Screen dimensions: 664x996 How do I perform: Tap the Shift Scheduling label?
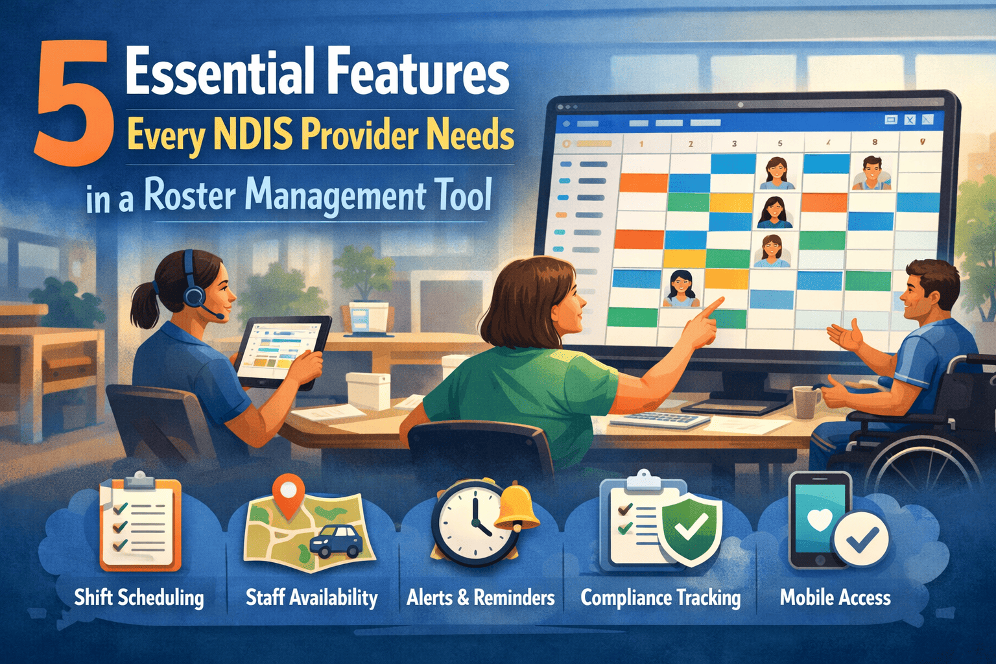pyautogui.click(x=139, y=597)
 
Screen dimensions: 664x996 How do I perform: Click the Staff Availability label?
pyautogui.click(x=311, y=597)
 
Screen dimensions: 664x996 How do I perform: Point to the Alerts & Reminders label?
pyautogui.click(x=480, y=597)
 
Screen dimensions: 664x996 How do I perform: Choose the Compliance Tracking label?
pyautogui.click(x=660, y=597)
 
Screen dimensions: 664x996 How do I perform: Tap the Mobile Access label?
pyautogui.click(x=835, y=597)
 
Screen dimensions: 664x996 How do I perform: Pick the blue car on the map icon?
pyautogui.click(x=337, y=541)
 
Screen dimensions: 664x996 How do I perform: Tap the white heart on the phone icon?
pyautogui.click(x=820, y=519)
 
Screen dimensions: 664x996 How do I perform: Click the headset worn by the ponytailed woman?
pyautogui.click(x=192, y=290)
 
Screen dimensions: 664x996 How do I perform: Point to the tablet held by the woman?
pyautogui.click(x=282, y=350)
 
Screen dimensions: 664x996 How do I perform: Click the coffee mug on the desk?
pyautogui.click(x=806, y=402)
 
